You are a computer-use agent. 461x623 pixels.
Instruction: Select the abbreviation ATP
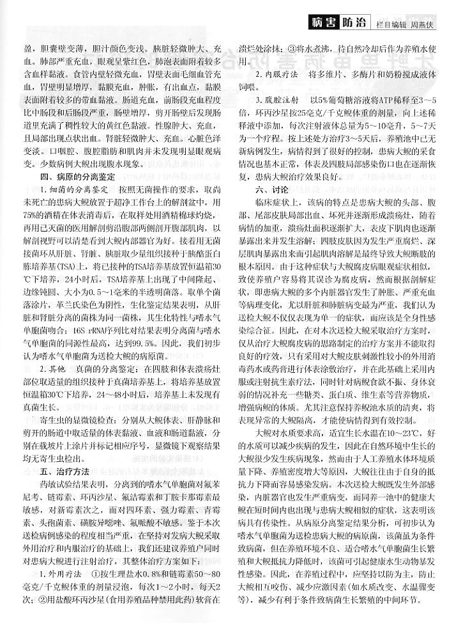379,100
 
